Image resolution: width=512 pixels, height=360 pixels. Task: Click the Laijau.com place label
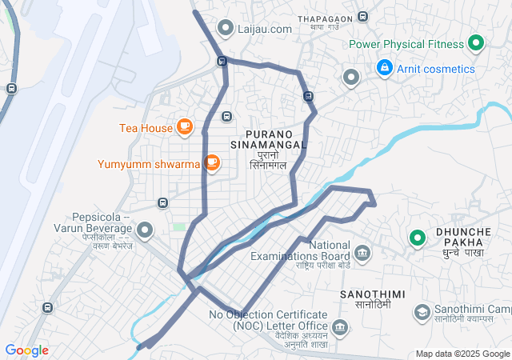tap(265, 29)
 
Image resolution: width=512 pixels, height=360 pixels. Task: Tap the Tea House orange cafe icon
tap(185, 126)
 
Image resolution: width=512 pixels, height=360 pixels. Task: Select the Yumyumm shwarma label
tap(149, 164)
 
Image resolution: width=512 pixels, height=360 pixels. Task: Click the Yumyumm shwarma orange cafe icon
tap(211, 163)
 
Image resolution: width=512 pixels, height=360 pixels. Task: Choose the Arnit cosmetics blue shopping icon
tap(385, 68)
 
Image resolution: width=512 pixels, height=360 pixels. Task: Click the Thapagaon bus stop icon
tap(363, 17)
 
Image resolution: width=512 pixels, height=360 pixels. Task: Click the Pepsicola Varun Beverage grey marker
tap(145, 230)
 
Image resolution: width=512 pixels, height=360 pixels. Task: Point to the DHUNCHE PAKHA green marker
tap(417, 238)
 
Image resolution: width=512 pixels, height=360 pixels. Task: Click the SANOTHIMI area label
tap(366, 295)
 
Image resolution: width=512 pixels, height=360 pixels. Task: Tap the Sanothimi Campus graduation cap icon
tap(421, 310)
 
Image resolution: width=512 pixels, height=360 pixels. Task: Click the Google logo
tap(26, 350)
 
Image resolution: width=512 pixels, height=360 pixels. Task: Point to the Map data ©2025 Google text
tap(462, 354)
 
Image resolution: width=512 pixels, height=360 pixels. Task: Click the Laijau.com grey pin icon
tap(226, 29)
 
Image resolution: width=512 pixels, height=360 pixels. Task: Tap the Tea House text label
tap(146, 127)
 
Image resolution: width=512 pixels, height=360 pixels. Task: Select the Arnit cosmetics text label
tap(435, 69)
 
